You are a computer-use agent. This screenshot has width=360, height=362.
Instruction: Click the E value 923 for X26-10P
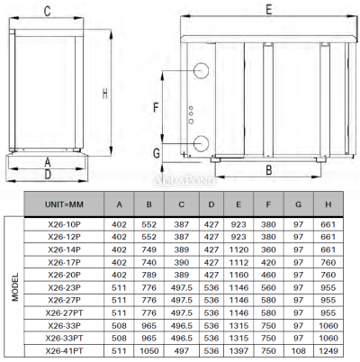238,222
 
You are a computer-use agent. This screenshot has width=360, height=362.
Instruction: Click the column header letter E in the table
238,204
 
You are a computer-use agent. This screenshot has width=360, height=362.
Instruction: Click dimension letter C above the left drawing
47,10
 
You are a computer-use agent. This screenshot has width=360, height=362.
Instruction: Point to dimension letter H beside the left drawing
104,93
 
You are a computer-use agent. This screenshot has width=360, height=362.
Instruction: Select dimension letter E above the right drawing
267,8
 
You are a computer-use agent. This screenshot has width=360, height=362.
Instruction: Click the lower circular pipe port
200,142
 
